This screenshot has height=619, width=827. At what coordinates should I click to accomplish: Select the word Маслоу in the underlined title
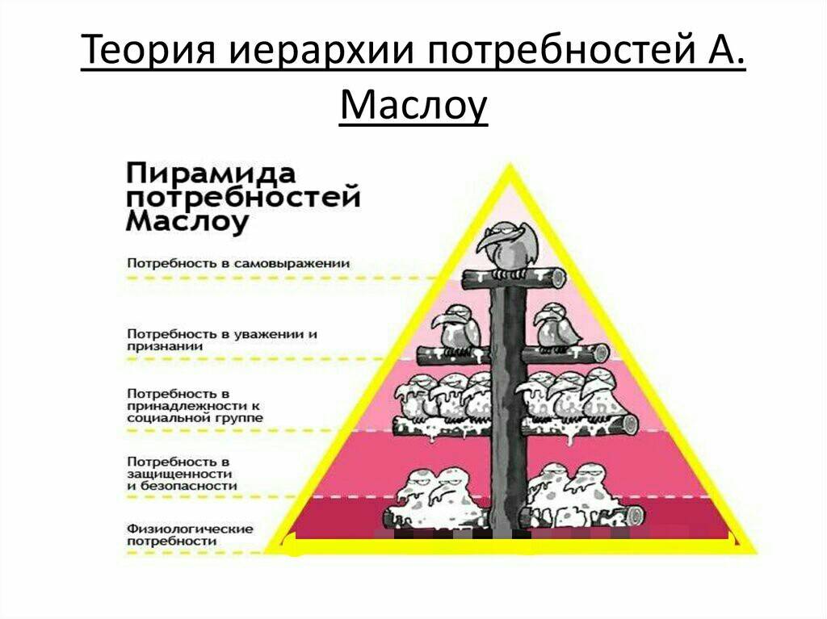[413, 107]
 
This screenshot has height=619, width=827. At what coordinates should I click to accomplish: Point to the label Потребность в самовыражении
[238, 262]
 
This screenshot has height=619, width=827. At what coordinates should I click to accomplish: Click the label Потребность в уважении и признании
[222, 340]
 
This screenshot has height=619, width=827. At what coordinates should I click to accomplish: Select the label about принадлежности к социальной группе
[195, 405]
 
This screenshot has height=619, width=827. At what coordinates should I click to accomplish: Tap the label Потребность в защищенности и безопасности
[182, 474]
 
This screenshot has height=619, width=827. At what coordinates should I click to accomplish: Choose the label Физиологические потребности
[190, 534]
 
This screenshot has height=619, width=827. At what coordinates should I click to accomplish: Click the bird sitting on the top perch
[507, 248]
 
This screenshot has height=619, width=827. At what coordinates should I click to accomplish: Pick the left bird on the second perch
[457, 329]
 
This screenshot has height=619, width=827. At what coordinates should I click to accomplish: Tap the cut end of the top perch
[557, 278]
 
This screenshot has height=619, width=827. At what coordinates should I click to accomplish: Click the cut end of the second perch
[601, 352]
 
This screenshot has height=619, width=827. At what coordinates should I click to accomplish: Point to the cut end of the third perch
[630, 424]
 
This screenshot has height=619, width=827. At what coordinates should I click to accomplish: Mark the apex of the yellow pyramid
[510, 165]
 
